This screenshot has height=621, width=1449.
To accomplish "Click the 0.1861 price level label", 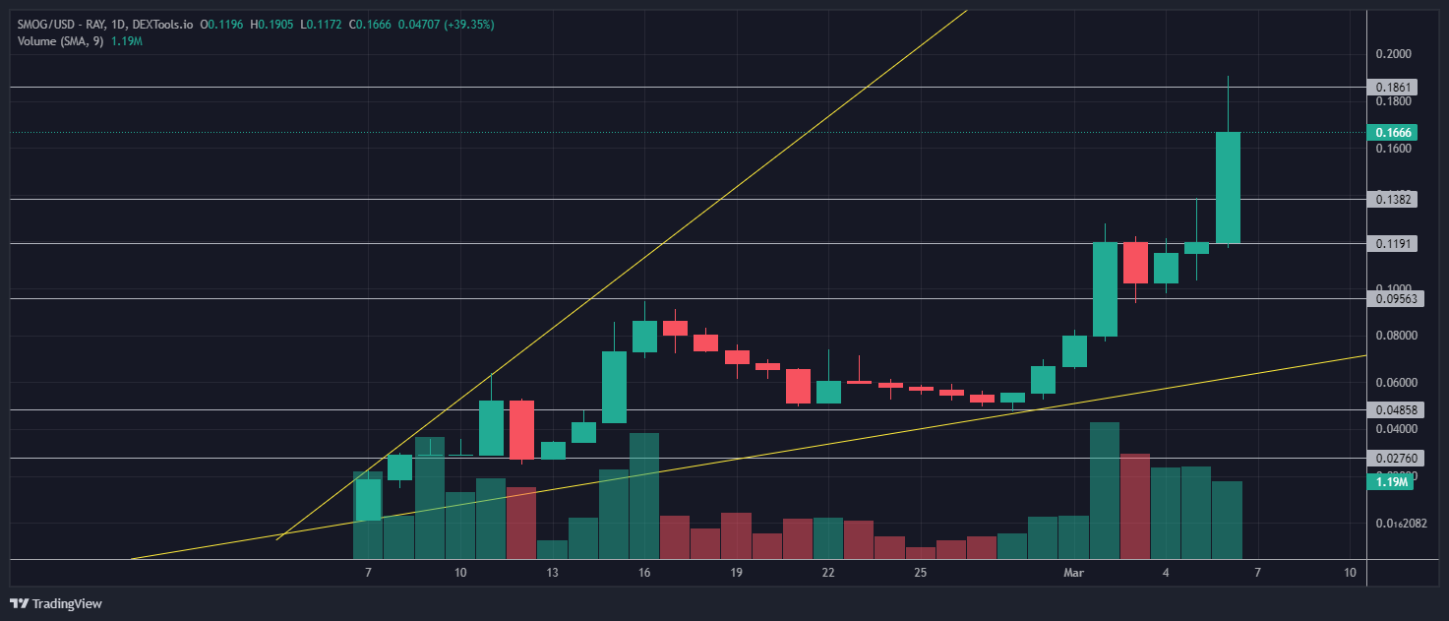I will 1392,88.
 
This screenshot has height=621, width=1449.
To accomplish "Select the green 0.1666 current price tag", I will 1392,132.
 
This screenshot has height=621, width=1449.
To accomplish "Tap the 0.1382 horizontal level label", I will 1392,199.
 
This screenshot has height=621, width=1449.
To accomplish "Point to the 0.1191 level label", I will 1392,243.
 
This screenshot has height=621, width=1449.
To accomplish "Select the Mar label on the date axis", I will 1073,572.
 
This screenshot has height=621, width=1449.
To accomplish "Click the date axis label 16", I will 644,572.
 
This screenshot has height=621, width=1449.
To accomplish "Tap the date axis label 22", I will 828,572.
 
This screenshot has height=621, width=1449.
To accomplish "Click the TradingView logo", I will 57,603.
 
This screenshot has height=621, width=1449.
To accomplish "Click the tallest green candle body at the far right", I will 1228,187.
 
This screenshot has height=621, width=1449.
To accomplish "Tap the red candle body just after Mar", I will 1135,263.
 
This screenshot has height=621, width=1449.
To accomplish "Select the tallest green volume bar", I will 1105,490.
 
